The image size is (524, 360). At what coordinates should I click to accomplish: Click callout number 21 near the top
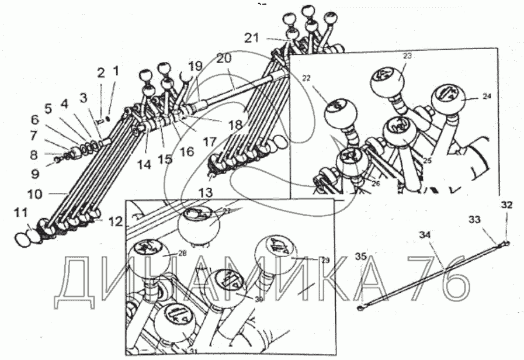pos(252,38)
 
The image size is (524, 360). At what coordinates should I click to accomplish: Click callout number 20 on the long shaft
pos(224,58)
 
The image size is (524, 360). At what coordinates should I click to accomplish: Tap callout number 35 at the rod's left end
pos(362,256)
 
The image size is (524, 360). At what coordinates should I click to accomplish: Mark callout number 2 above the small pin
pos(101,72)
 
